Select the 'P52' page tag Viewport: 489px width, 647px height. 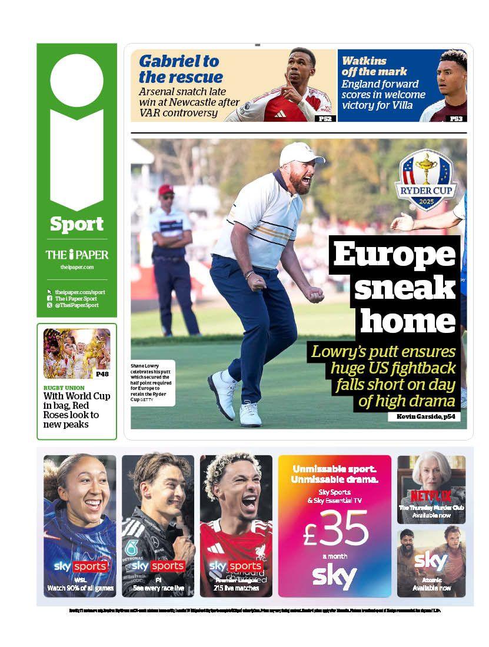[x=324, y=118]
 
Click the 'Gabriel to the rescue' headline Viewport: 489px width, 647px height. [x=179, y=69]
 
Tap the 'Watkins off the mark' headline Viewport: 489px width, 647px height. [x=374, y=66]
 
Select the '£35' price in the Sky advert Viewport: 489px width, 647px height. [x=335, y=526]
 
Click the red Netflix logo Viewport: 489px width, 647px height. [x=431, y=495]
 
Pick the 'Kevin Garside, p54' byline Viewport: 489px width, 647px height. [x=424, y=416]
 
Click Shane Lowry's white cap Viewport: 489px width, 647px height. [x=300, y=153]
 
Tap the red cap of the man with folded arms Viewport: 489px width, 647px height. [x=167, y=189]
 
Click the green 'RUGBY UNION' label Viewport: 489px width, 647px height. [x=64, y=388]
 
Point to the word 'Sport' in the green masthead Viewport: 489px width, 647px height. [x=76, y=224]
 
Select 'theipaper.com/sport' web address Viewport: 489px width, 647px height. [x=80, y=292]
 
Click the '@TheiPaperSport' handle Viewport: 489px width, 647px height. [x=77, y=305]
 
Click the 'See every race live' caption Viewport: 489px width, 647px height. [x=158, y=588]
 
